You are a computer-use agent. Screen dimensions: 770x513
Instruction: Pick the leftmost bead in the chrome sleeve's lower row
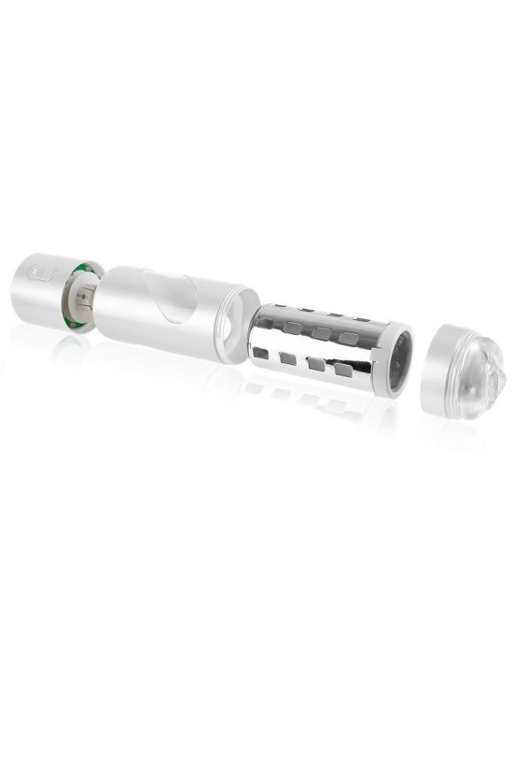(x=261, y=354)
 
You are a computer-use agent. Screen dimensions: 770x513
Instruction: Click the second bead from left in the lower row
(x=288, y=358)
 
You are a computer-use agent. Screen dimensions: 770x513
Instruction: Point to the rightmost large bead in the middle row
(x=349, y=337)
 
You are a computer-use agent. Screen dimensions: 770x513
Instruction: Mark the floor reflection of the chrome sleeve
(x=308, y=401)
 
